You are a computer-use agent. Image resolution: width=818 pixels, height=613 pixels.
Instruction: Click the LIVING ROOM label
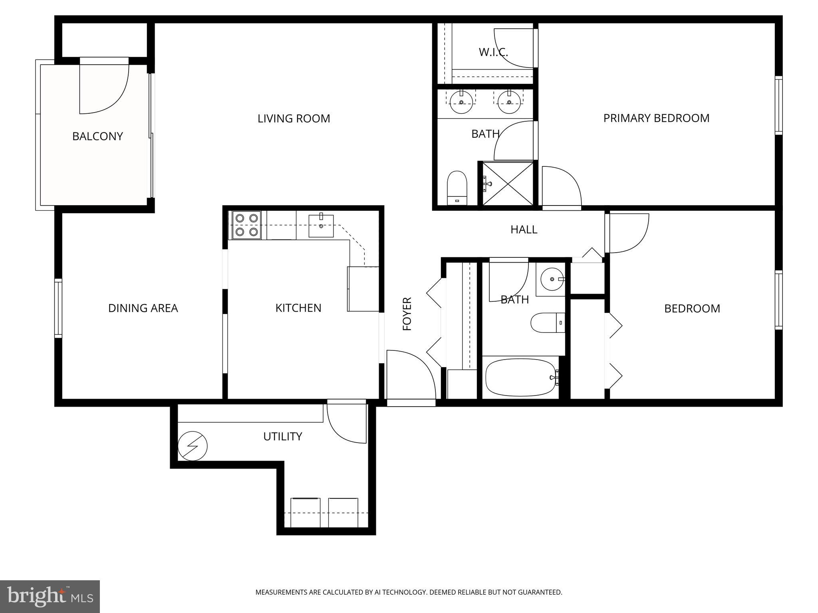(x=294, y=119)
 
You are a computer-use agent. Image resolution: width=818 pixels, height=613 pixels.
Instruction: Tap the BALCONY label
(x=97, y=136)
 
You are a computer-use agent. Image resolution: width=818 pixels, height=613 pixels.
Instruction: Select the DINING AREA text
(x=143, y=308)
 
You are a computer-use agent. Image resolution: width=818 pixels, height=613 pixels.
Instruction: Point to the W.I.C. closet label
(x=493, y=52)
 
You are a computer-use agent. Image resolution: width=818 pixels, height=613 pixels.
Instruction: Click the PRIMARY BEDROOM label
(x=656, y=118)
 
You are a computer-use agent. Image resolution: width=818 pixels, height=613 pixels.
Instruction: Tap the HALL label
(x=524, y=229)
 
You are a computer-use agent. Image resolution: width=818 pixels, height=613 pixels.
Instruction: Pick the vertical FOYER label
(x=407, y=314)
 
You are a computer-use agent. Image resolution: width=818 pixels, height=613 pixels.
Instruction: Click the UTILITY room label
(x=282, y=437)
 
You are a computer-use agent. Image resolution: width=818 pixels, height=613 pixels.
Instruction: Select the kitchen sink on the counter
(x=321, y=226)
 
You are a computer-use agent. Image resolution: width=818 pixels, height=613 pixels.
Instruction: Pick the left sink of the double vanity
(x=461, y=102)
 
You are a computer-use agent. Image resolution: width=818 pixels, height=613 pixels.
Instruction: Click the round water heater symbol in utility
(x=193, y=446)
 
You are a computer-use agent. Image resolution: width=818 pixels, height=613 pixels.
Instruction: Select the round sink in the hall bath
(x=552, y=279)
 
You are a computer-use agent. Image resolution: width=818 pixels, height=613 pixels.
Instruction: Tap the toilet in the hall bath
(x=548, y=322)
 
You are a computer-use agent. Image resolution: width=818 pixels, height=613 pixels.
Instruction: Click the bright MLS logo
(x=50, y=596)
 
